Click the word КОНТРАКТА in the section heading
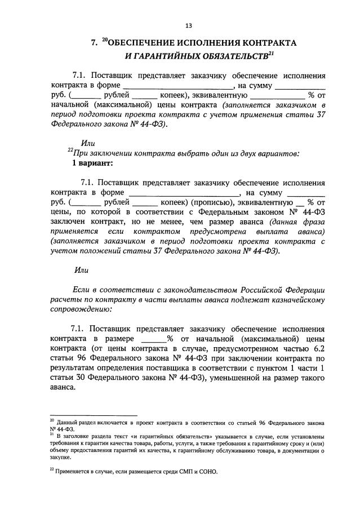265,42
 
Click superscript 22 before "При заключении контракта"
70,151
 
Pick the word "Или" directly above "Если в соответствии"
82,270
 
